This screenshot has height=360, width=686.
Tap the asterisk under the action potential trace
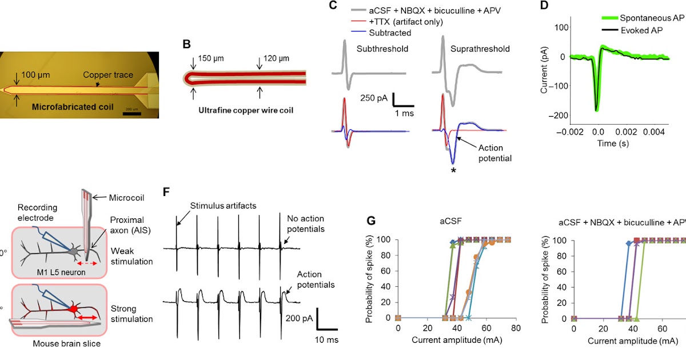point(453,168)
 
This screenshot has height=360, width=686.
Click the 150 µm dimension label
point(212,59)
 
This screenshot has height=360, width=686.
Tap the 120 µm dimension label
point(276,59)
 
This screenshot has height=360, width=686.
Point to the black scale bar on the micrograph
point(131,113)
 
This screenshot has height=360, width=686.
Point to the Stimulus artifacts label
point(216,205)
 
